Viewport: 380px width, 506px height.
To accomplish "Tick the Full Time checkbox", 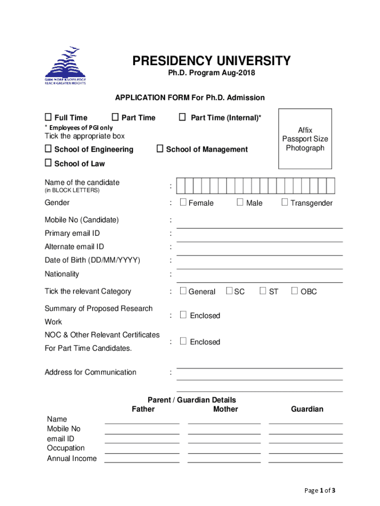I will (x=48, y=117).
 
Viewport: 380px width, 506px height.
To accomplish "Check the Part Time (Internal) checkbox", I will (x=182, y=117).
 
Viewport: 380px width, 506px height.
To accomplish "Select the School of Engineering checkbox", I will (x=48, y=149).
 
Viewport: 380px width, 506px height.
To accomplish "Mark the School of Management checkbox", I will (x=160, y=149).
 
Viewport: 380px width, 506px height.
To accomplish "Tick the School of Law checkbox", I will (x=48, y=163).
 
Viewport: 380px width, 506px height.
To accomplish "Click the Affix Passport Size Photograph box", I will (x=305, y=139).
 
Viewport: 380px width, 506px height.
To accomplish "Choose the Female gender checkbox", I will (x=183, y=202).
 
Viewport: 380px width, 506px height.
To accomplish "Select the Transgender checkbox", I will (x=285, y=202).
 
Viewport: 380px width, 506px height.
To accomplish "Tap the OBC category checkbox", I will (x=295, y=291).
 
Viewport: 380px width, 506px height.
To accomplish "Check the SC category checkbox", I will (x=229, y=291).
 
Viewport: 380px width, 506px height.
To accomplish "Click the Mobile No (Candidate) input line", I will (x=260, y=223).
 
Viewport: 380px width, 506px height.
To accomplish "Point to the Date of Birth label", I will (x=92, y=260).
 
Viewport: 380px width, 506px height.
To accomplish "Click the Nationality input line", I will (x=260, y=278).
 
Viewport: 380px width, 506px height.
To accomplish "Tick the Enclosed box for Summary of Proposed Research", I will (x=183, y=315).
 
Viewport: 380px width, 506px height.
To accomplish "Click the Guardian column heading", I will (x=307, y=409).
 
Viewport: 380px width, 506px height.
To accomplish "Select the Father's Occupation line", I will (x=142, y=449).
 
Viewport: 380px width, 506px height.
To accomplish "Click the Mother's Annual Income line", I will (x=224, y=459).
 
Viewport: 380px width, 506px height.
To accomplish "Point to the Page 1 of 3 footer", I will (x=321, y=491).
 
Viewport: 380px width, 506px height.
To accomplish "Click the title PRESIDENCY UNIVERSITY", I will (x=211, y=61).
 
